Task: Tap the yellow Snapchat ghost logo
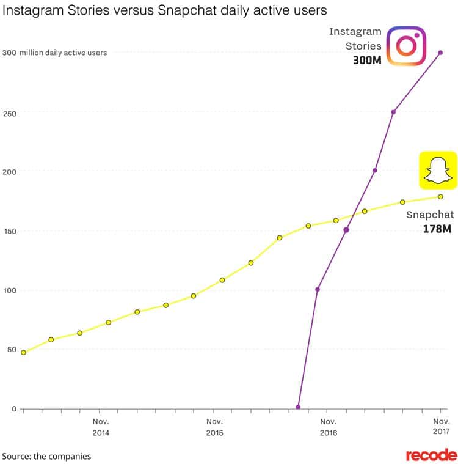[437, 170]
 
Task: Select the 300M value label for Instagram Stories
[368, 61]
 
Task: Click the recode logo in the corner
[431, 455]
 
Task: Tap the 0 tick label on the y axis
[13, 409]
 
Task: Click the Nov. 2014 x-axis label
[101, 427]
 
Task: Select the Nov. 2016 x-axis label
[328, 427]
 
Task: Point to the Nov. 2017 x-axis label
[441, 427]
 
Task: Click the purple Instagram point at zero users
[298, 407]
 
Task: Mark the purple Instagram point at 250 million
[393, 112]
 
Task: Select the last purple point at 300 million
[440, 53]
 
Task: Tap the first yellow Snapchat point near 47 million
[23, 353]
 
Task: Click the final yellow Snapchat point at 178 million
[440, 197]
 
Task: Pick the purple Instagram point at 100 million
[318, 289]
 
